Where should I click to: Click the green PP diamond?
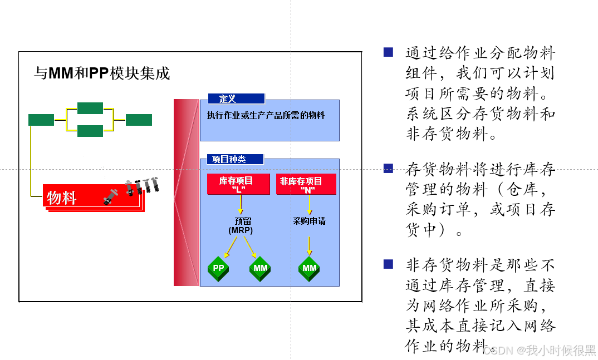(218, 268)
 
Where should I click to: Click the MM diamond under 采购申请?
(309, 268)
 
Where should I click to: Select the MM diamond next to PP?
(260, 268)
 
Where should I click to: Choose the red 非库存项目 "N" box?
(306, 184)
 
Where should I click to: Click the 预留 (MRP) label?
(241, 225)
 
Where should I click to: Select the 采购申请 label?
(309, 221)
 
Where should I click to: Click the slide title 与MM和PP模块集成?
(102, 73)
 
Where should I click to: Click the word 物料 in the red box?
(62, 198)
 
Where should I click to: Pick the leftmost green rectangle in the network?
(41, 120)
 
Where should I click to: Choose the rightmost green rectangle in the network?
(139, 120)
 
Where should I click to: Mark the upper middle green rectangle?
(90, 108)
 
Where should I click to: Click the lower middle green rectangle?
(90, 131)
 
